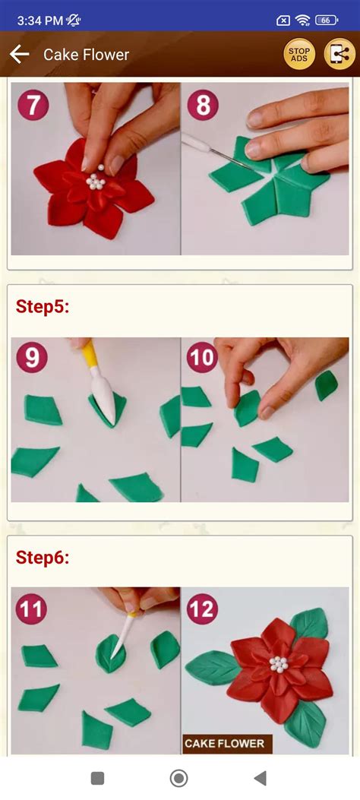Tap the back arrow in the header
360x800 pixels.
[19, 54]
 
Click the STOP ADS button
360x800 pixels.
[299, 54]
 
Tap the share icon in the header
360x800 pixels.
[339, 54]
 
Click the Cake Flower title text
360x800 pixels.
[86, 55]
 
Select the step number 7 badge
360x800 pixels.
[33, 105]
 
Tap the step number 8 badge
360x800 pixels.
[203, 105]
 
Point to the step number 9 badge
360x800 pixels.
[32, 357]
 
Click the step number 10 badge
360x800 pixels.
[202, 357]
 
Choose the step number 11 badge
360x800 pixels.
[32, 608]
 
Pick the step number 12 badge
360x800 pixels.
[202, 608]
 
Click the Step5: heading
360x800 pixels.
[43, 307]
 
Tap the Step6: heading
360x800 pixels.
[43, 558]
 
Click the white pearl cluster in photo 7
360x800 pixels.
[96, 179]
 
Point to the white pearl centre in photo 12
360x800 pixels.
[279, 664]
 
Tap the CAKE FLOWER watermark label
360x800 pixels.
[225, 743]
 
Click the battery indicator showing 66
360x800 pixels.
[327, 21]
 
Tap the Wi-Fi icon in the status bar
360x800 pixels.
[303, 21]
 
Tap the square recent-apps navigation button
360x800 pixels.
[97, 778]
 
